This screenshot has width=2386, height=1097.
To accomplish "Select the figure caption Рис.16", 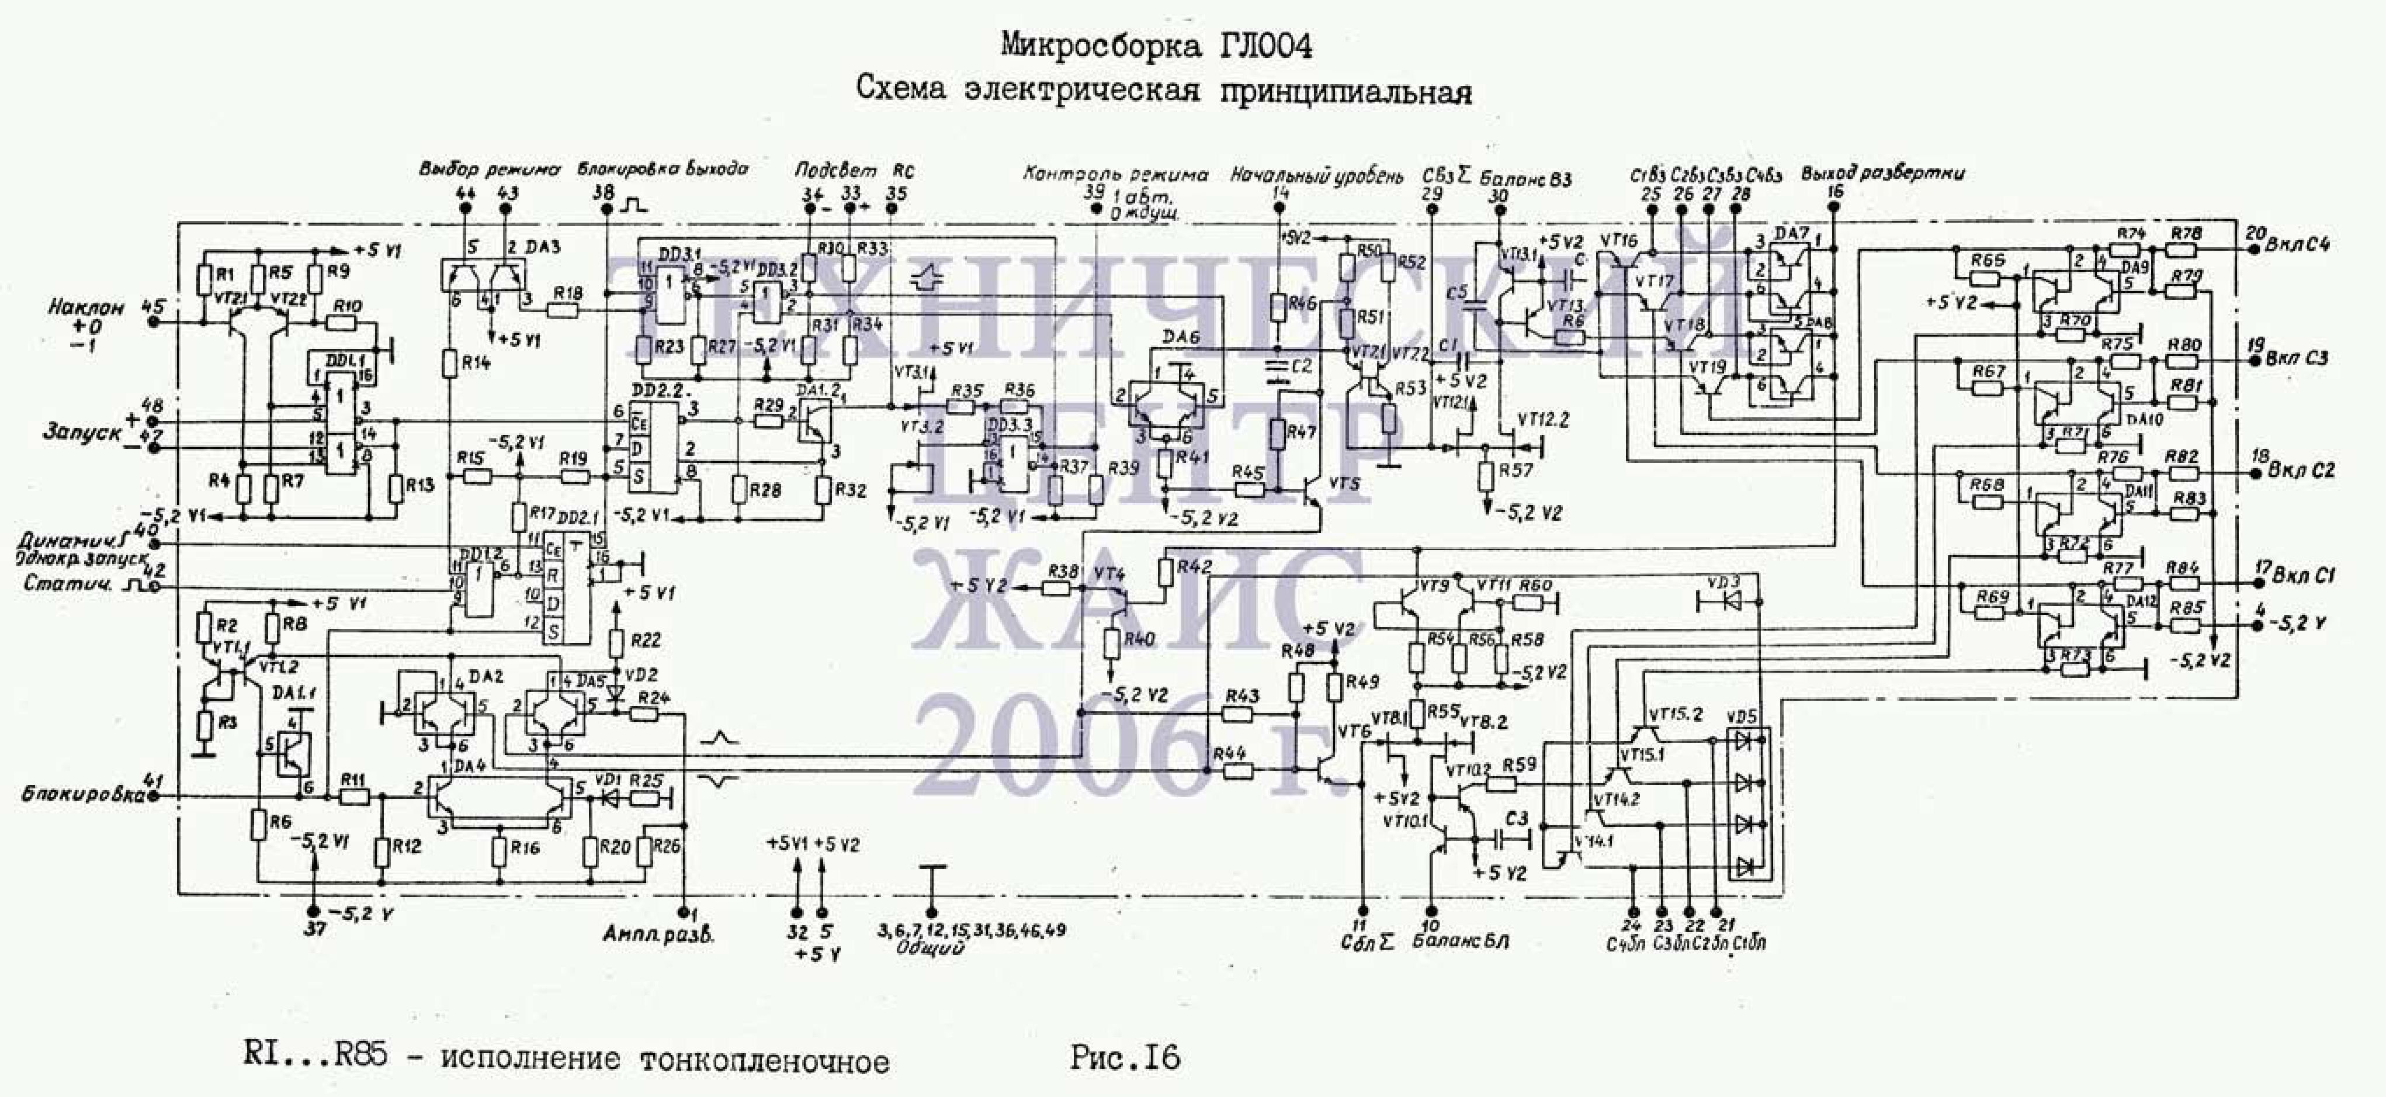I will point(1125,1057).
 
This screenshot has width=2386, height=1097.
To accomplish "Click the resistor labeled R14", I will point(449,362).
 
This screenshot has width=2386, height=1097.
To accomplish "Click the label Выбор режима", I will point(489,169).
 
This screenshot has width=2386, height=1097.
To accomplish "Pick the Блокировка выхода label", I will point(663,169).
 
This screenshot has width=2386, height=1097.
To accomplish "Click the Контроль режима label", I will point(1115,174).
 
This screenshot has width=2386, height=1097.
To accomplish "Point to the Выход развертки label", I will point(1884,173).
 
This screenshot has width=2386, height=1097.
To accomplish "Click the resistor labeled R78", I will point(2186,248).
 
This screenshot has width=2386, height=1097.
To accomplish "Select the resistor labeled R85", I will point(2186,627).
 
